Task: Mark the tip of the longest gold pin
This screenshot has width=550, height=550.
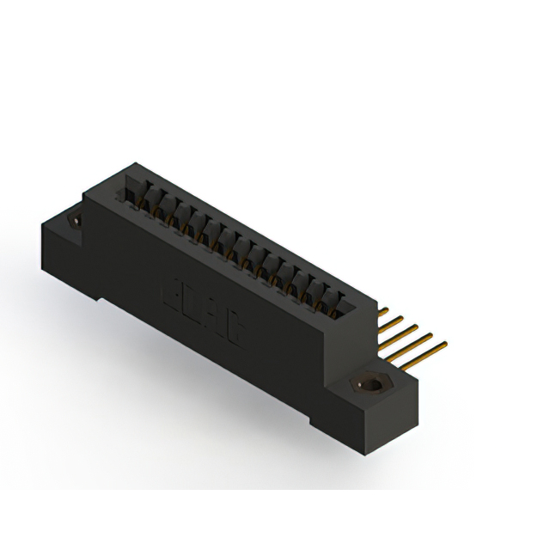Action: [x=445, y=345]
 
